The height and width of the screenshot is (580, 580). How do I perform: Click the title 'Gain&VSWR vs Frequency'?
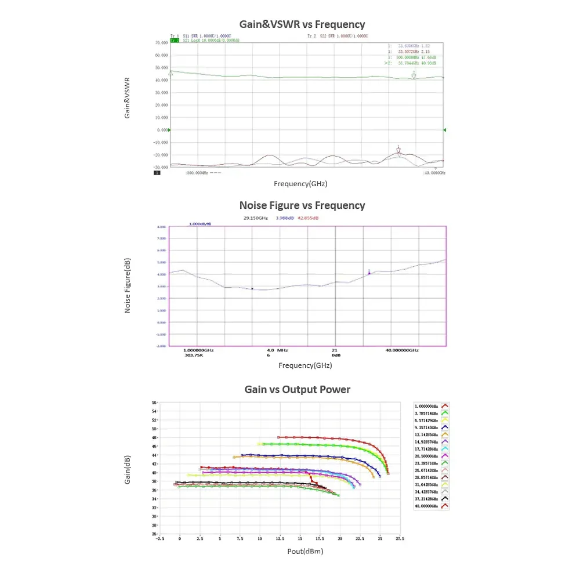(x=302, y=24)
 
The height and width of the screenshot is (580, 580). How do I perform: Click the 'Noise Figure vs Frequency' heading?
(x=302, y=205)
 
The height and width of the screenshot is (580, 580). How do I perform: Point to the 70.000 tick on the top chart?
(x=161, y=43)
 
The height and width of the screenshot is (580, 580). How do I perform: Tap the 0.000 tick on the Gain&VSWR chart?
(x=162, y=130)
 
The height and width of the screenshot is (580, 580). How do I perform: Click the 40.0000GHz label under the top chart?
(x=434, y=173)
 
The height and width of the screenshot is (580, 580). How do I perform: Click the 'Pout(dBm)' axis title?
(x=305, y=551)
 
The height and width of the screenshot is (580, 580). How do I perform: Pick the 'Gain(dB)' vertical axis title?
(x=127, y=470)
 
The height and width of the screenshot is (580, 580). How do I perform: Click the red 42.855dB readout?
(x=308, y=218)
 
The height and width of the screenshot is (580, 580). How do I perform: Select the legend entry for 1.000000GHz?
(x=427, y=407)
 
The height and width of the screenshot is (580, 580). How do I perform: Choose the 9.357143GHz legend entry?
(x=427, y=427)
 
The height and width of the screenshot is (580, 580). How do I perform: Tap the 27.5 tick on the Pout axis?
(x=400, y=539)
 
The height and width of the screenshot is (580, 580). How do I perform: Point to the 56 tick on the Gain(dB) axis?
(x=155, y=403)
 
